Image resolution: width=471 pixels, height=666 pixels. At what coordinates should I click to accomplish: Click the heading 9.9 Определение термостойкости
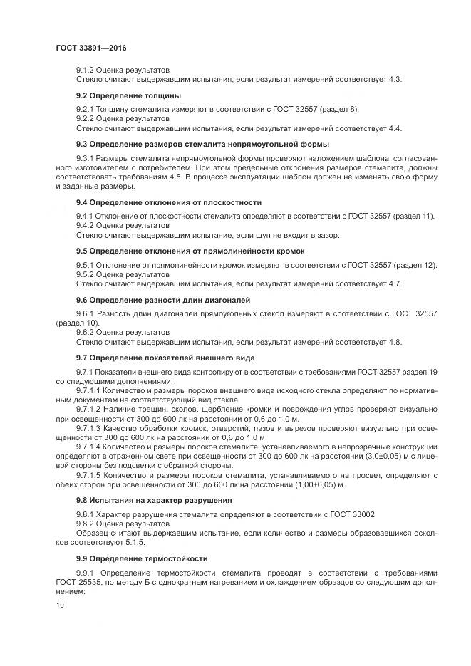138,558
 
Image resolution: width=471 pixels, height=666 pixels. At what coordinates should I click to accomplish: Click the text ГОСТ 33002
353,514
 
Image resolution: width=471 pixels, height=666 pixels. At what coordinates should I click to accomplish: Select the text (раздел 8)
338,109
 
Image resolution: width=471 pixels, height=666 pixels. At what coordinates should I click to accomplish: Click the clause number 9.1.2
85,69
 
